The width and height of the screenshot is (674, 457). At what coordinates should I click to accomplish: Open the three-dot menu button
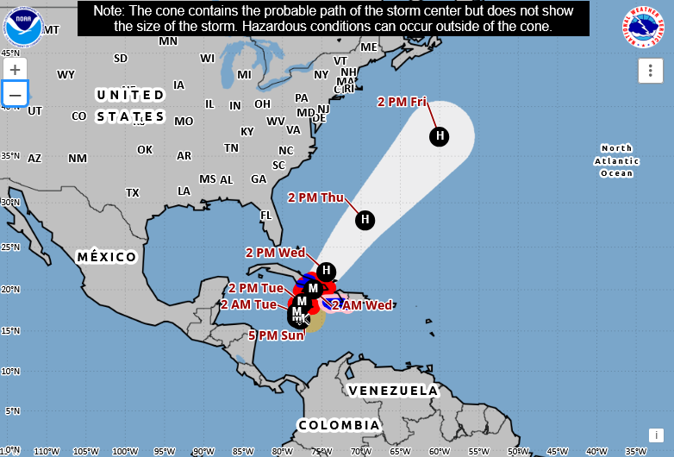[x=650, y=71]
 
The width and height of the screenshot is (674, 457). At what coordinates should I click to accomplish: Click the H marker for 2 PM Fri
[x=440, y=135]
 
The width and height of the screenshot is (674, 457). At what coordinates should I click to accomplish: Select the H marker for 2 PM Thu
[x=365, y=219]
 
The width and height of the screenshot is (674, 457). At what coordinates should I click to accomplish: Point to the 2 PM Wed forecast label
[x=275, y=253]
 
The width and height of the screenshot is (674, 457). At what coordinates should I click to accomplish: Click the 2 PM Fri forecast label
[x=402, y=102]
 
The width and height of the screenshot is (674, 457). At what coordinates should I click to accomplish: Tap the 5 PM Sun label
[x=276, y=335]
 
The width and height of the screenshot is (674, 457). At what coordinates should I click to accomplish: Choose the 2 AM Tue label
[x=248, y=304]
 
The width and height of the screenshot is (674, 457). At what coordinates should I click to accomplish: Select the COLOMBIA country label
[x=339, y=425]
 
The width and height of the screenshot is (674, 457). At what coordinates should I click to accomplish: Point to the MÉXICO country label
[x=107, y=257]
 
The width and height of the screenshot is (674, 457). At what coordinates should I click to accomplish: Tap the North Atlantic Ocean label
[x=616, y=160]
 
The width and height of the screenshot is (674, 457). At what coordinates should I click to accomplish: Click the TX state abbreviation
[x=133, y=192]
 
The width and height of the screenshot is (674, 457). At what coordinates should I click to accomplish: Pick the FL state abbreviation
[x=266, y=215]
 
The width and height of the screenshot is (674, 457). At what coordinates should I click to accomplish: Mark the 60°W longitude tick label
[x=439, y=451]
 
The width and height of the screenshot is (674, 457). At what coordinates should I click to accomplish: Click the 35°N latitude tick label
[x=9, y=155]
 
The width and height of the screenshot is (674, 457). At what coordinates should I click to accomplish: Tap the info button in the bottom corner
[x=657, y=435]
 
